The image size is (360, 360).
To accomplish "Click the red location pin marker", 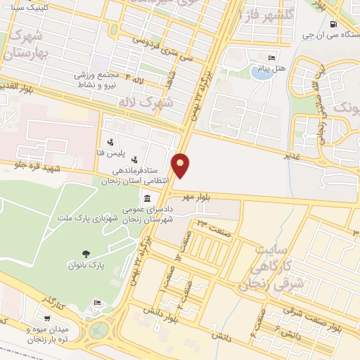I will tap(181, 165).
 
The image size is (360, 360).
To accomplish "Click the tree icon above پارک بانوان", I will tap(86, 255).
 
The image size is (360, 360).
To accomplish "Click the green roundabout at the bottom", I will tap(101, 328).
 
